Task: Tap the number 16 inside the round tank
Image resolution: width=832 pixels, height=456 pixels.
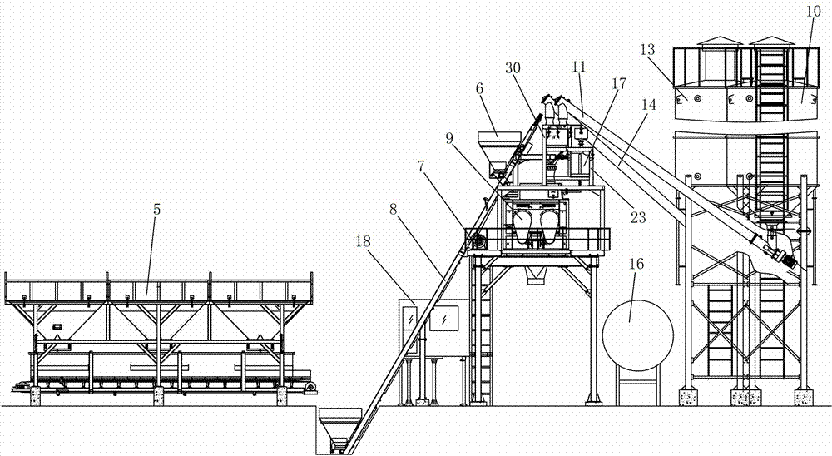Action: [636, 313]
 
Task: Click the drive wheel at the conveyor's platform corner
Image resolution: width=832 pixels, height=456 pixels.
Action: [478, 241]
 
